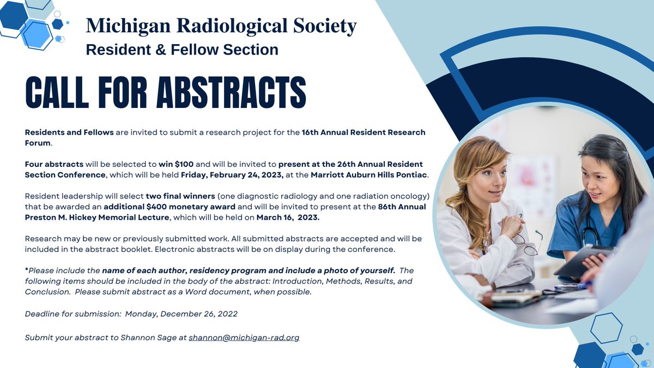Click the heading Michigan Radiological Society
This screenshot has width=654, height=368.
(x=221, y=26)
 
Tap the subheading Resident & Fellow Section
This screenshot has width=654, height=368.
(x=182, y=50)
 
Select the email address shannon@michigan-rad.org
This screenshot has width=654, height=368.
(x=244, y=337)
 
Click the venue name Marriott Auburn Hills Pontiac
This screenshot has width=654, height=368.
(x=370, y=174)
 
